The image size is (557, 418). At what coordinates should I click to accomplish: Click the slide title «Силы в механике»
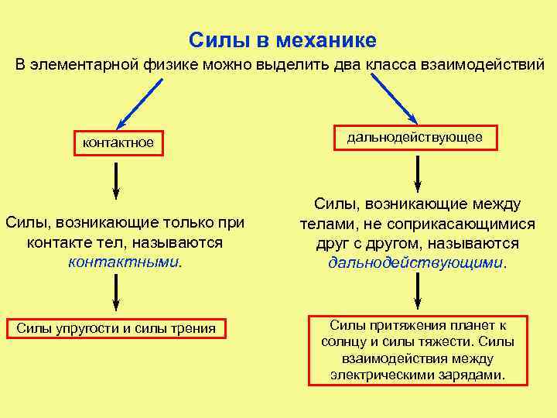[x=282, y=39]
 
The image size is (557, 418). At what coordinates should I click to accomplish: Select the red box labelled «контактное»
[x=118, y=142]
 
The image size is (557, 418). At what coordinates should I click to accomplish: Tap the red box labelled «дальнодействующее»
[x=415, y=137]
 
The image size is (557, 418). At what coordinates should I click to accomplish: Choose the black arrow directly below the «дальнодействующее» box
[x=418, y=173]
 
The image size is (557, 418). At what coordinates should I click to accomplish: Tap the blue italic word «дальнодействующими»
[x=415, y=262]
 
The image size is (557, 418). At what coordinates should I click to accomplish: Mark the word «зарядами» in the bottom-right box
[x=475, y=375]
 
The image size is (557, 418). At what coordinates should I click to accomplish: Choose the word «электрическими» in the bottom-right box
[x=377, y=375]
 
